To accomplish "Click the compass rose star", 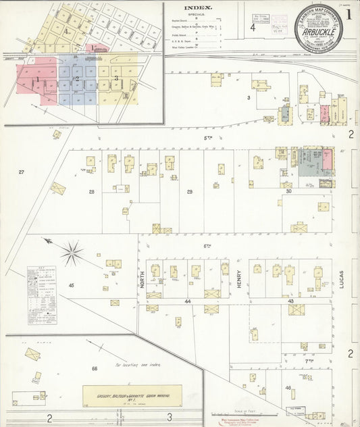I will click(70, 253).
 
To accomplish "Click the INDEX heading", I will click(197, 9).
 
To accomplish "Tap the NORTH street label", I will click(142, 279).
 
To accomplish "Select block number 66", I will click(95, 369).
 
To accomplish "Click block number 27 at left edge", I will click(21, 172).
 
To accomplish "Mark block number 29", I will click(190, 192).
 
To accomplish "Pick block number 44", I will click(188, 301).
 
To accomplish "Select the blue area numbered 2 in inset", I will click(77, 79).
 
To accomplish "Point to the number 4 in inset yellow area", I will click(66, 31).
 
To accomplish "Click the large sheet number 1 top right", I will click(349, 13).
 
